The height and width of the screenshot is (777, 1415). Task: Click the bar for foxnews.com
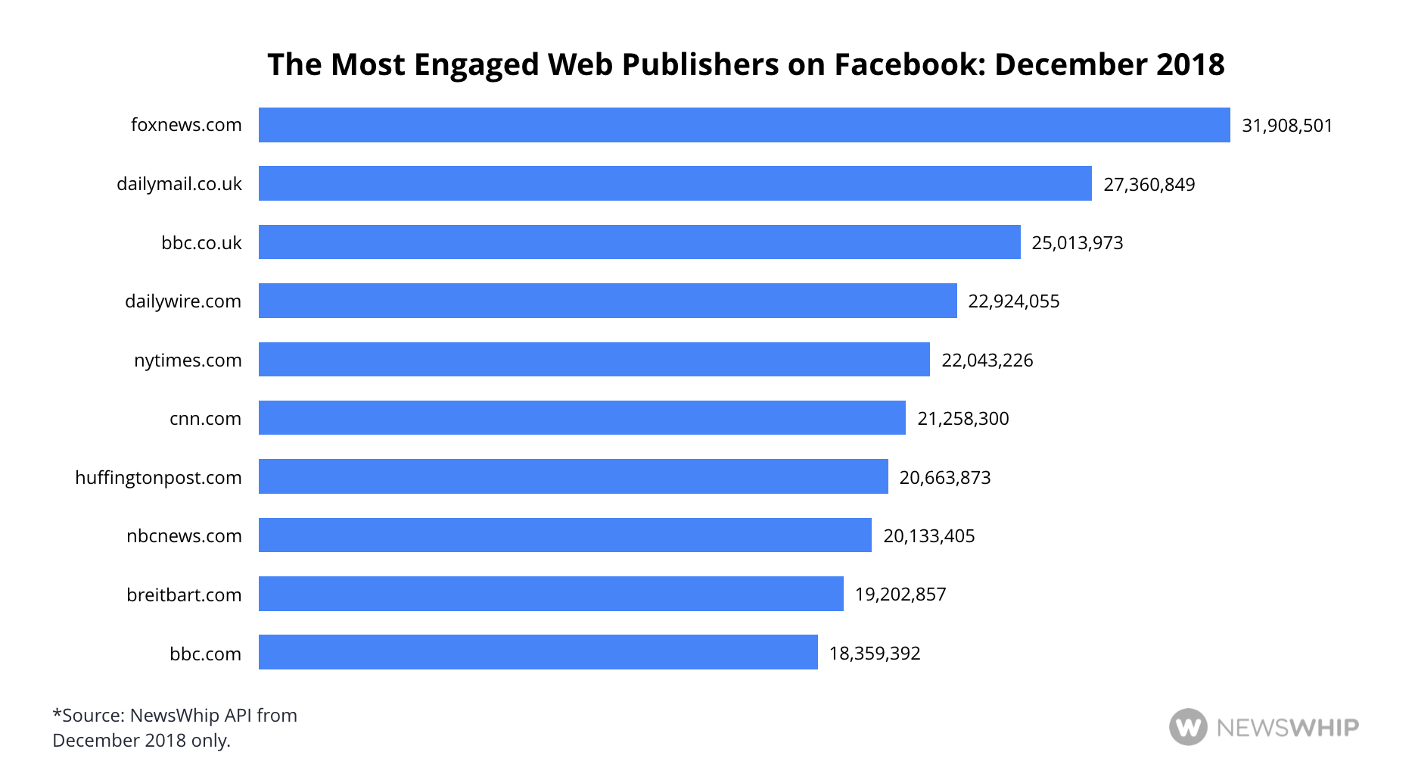(744, 125)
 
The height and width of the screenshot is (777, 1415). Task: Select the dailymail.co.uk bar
(675, 183)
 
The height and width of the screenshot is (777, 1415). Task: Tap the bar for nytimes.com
(594, 360)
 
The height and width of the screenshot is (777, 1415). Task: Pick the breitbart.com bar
(551, 594)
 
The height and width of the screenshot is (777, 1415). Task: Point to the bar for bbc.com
(538, 652)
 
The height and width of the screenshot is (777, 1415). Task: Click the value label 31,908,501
(1287, 126)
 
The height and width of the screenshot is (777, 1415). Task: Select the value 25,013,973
(1078, 243)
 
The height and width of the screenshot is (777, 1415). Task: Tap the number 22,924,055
(1014, 301)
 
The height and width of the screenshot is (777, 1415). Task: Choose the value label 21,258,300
(963, 419)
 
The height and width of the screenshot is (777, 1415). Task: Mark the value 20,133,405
(929, 536)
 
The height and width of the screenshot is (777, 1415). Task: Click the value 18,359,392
(875, 654)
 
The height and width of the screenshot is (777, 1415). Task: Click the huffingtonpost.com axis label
(158, 478)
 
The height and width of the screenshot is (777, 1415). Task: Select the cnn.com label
(205, 419)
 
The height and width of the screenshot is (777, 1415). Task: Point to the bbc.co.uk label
(201, 243)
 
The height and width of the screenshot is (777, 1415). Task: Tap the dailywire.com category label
(183, 301)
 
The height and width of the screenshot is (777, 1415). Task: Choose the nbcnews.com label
(184, 536)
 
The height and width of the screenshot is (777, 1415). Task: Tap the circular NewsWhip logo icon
(1188, 727)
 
